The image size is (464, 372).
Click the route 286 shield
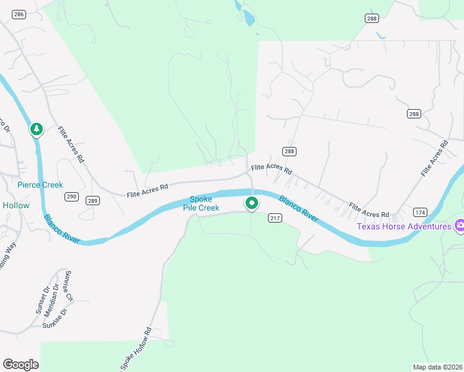tap(19, 14)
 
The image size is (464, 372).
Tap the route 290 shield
tap(71, 197)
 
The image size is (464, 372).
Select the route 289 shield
tap(92, 200)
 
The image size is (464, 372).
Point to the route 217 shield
tap(275, 218)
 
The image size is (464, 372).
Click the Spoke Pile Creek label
tap(201, 203)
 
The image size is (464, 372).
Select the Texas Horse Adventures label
tap(404, 226)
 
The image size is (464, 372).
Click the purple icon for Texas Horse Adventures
tap(460, 226)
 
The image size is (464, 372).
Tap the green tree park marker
tap(37, 129)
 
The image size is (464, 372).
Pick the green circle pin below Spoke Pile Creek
tap(252, 203)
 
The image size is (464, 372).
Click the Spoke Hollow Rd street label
tap(135, 348)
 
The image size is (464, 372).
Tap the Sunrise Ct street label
tap(69, 286)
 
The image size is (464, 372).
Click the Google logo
tap(20, 365)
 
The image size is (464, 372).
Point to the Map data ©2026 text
tap(437, 366)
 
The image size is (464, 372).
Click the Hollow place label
tap(16, 205)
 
